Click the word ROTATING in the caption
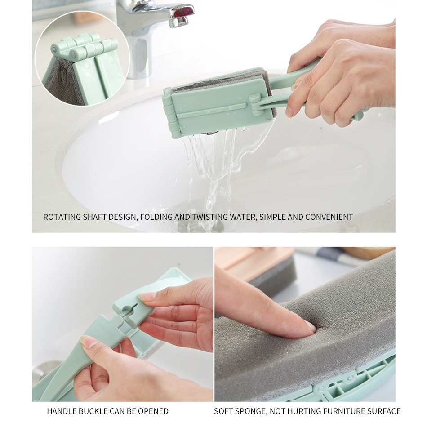click(x=62, y=217)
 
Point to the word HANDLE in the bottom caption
click(x=62, y=411)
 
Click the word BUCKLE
click(x=93, y=411)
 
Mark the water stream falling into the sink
click(x=215, y=169)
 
